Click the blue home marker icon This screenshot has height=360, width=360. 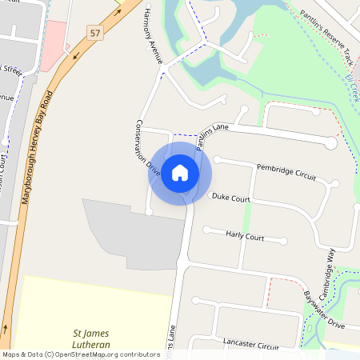tap(180, 173)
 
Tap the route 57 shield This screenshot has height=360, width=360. tap(96, 33)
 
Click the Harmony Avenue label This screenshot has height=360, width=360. tap(150, 38)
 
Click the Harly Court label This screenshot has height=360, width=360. tap(244, 237)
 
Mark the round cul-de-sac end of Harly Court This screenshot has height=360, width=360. tap(283, 240)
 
